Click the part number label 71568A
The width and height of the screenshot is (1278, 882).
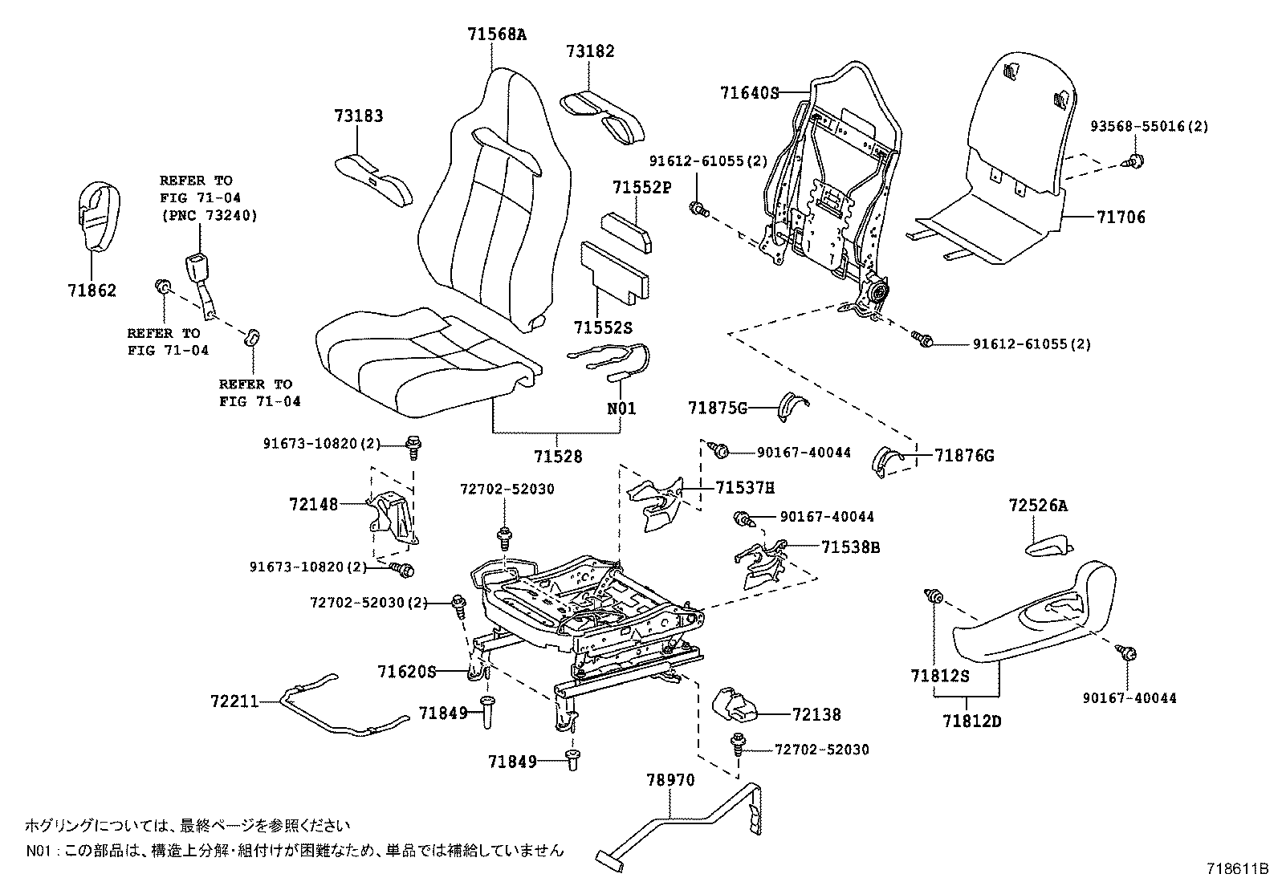click(x=497, y=34)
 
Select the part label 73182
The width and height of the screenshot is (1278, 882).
click(x=589, y=51)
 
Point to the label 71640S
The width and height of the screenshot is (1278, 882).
click(x=749, y=92)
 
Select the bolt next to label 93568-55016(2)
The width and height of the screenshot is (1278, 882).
click(x=1136, y=160)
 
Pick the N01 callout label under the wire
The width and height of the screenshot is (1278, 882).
click(x=621, y=408)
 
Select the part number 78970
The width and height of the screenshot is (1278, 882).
click(x=670, y=779)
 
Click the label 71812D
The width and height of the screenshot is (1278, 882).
click(x=972, y=721)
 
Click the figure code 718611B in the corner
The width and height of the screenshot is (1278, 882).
click(x=1237, y=869)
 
